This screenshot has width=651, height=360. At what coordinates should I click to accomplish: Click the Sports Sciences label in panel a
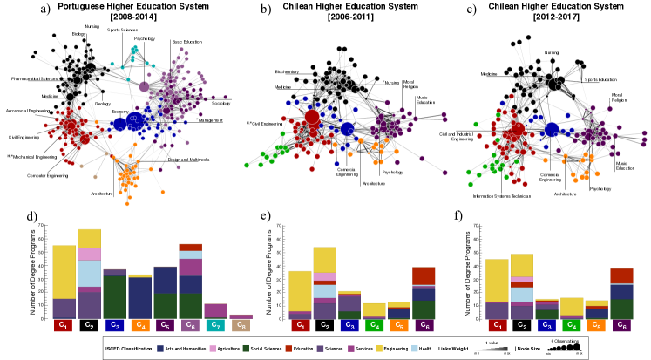pos(121,30)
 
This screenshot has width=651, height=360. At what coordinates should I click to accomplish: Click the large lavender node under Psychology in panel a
pos(145,86)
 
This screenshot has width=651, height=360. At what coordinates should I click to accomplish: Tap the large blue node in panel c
pos(551,131)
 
